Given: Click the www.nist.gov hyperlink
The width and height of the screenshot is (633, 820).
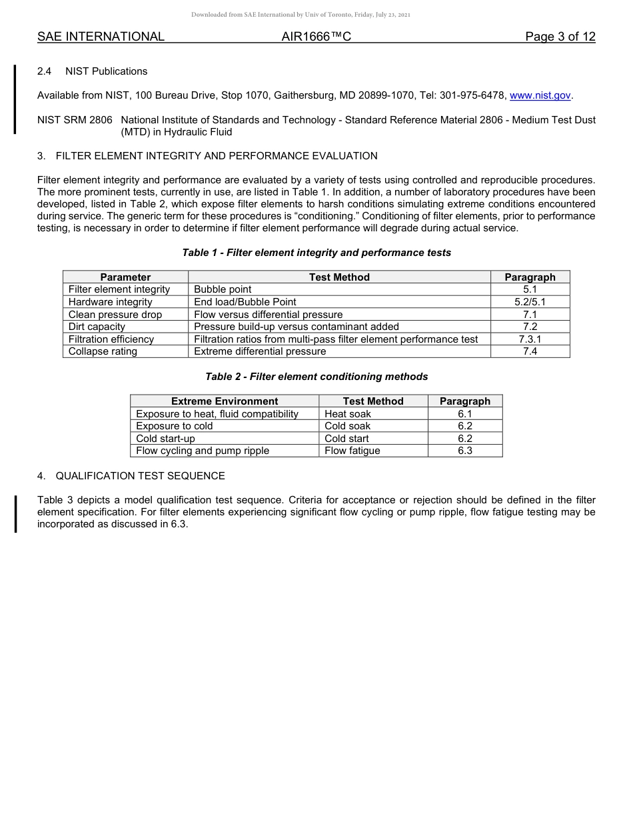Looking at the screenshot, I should point(540,95).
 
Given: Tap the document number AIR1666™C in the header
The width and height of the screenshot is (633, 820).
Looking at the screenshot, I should point(316,37).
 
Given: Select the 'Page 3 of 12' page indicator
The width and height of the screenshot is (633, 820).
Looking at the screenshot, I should point(560,37).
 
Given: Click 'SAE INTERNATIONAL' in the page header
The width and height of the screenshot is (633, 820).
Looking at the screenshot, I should point(101,37).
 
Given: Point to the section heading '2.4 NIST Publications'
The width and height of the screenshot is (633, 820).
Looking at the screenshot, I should point(93,71).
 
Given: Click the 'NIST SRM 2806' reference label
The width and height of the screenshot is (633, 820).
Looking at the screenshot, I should point(75,120).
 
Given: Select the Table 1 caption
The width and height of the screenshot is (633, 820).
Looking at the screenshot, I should point(316,253).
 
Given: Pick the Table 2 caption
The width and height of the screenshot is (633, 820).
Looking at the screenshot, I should point(316,377).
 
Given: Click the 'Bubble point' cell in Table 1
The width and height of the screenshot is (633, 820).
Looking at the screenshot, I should point(223,289).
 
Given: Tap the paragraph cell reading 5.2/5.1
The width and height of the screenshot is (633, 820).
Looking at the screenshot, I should point(530,302).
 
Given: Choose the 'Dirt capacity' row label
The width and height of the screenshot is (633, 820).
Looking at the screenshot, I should point(97,327).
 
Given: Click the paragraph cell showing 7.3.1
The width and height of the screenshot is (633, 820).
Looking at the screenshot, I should point(530,339).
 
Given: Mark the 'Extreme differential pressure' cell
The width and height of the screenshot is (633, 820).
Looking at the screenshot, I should point(260,351).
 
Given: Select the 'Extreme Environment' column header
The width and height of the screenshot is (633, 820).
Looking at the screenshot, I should point(225,401).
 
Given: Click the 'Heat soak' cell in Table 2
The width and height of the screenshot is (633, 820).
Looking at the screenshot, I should point(348,414).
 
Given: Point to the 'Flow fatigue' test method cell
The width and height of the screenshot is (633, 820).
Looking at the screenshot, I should point(352,451).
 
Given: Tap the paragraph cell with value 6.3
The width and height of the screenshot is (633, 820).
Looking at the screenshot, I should point(464,451).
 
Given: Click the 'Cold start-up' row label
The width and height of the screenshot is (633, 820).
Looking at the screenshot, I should point(165,439).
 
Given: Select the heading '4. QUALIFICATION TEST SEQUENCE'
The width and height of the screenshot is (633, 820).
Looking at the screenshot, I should point(131,476).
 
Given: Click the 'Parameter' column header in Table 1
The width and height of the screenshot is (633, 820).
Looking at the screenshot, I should point(125,277).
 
